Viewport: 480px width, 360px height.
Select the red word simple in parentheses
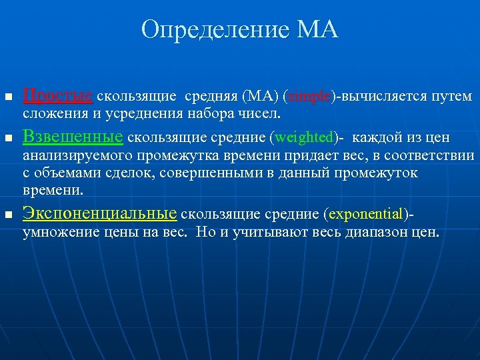click(309, 97)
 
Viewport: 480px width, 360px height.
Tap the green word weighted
click(303, 137)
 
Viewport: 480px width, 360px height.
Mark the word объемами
click(66, 173)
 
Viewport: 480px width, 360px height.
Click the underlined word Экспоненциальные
click(100, 213)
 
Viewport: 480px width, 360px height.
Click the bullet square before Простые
click(9, 98)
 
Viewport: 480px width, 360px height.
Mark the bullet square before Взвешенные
click(9, 139)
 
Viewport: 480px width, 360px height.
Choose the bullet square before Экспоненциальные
click(9, 215)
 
